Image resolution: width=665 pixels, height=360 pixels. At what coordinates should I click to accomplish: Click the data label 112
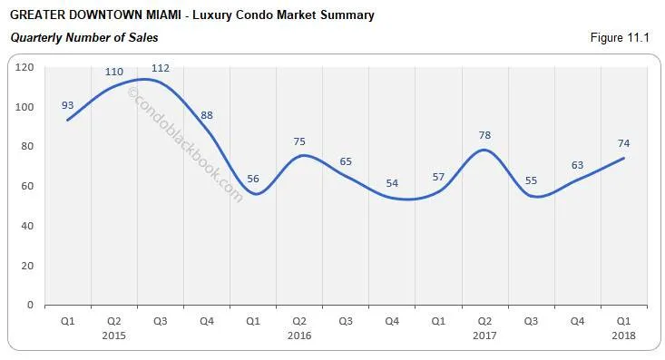(x=160, y=68)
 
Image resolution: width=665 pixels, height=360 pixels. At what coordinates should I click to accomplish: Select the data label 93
(x=68, y=104)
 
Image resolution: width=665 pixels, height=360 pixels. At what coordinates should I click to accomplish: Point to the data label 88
(x=209, y=115)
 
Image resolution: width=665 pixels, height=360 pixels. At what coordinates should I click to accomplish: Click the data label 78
(x=485, y=135)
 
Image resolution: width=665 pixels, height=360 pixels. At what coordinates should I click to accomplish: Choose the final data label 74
(x=623, y=142)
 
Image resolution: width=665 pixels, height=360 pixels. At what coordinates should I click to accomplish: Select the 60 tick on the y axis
(x=27, y=186)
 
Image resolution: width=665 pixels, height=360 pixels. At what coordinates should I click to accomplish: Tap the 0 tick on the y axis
(x=30, y=305)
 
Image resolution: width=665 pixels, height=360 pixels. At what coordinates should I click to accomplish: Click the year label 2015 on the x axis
(x=114, y=335)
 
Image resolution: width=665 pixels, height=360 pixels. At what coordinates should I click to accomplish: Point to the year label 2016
(x=299, y=335)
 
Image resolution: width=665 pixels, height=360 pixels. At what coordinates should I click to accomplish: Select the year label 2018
(x=623, y=335)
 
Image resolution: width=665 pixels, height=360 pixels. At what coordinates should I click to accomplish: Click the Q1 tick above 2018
(x=623, y=320)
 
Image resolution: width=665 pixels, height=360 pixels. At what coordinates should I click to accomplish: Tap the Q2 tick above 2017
(x=484, y=320)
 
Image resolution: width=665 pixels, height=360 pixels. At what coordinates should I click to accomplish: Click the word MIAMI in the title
(x=158, y=15)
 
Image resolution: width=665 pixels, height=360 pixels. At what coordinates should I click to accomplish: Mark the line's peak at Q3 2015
(x=145, y=80)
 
